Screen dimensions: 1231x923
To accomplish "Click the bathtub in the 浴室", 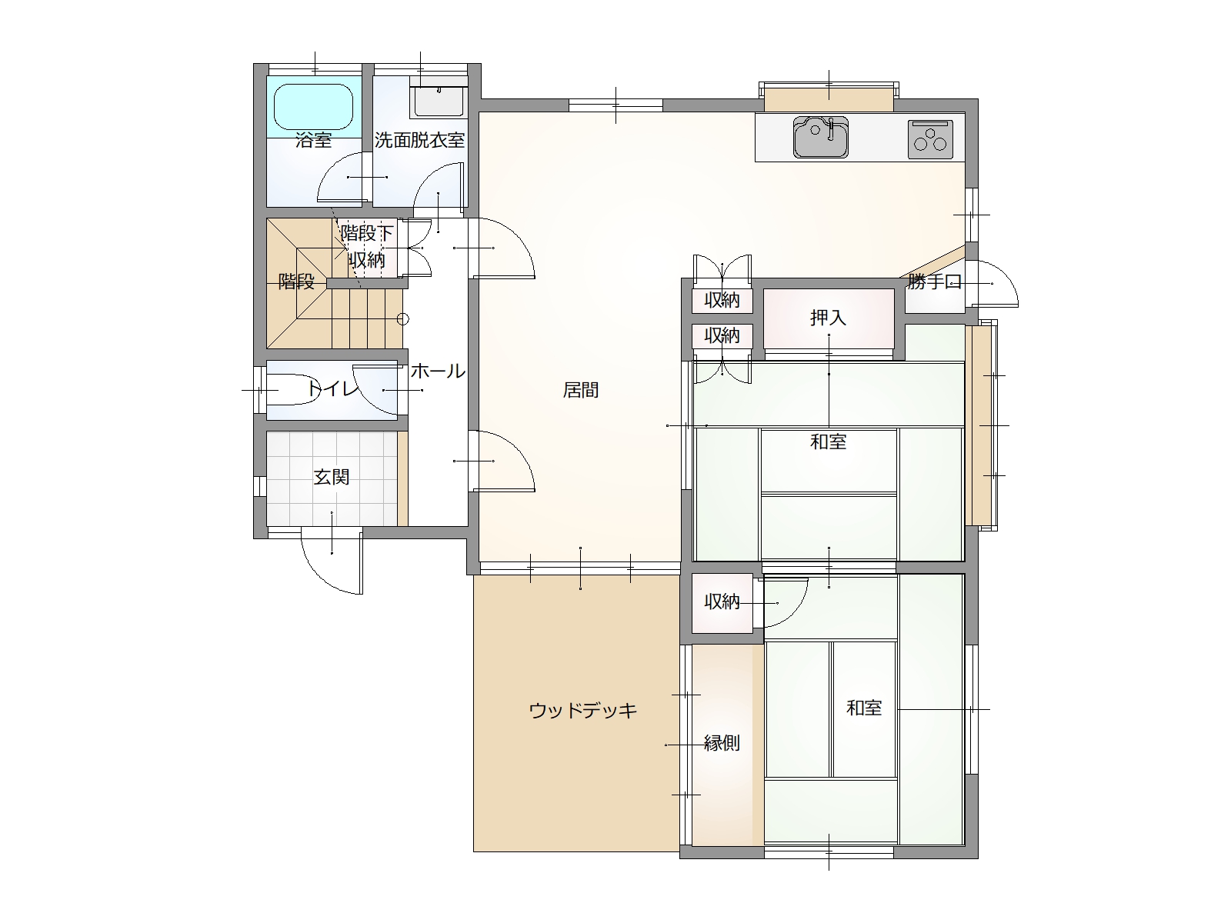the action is coord(313,106).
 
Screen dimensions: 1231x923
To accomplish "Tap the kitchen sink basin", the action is coord(820,138).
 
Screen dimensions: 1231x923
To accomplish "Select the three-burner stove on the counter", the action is coord(930,139).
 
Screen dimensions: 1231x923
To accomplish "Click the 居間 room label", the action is coord(580,390).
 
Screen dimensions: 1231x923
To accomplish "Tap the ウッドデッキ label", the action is coord(582,711).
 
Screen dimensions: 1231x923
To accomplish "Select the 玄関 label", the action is coord(332,477).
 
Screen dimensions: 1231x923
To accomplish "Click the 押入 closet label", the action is coord(828,318).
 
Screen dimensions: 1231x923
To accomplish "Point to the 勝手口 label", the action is coord(935,282).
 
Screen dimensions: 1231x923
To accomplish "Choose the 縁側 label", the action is coord(722,743).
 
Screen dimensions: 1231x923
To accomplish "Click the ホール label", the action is coord(438,371).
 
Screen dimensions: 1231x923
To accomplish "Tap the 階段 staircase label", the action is coord(296,281).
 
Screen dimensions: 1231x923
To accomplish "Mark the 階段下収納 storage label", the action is coord(367,247).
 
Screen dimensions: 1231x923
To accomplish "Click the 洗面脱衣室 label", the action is coord(419,140).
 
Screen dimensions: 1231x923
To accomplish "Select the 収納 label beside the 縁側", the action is coord(722,602).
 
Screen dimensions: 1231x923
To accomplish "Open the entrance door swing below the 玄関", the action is coord(332,561).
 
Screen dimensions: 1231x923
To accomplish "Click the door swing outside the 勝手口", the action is coord(992,284).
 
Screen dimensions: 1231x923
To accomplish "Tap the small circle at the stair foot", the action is coord(402,319).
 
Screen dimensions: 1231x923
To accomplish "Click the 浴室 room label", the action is coord(313,140).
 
